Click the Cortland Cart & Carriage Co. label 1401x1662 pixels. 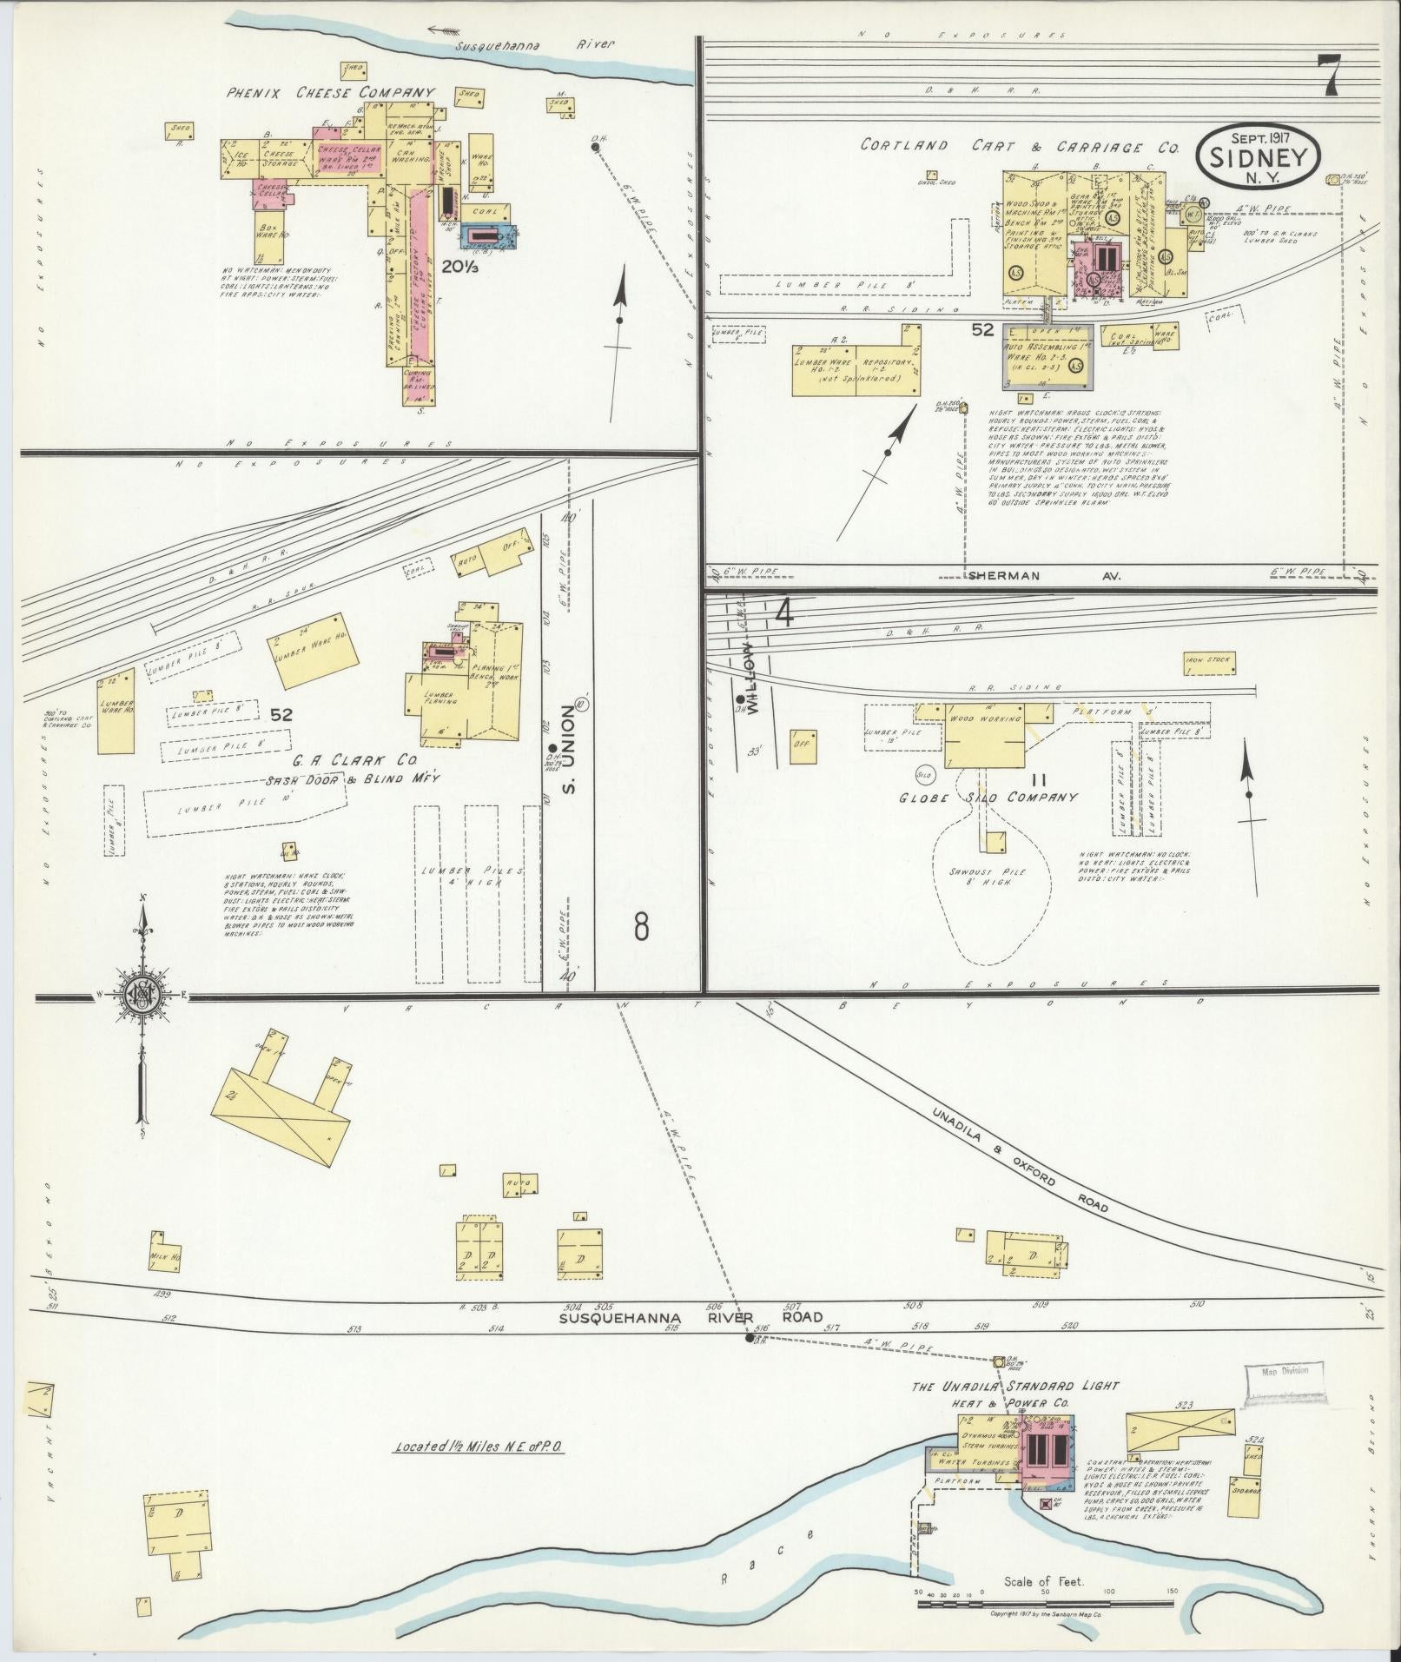coord(1019,147)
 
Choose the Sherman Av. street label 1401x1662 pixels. coord(1046,576)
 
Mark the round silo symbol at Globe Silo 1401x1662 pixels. coord(922,771)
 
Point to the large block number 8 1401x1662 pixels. coord(641,928)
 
